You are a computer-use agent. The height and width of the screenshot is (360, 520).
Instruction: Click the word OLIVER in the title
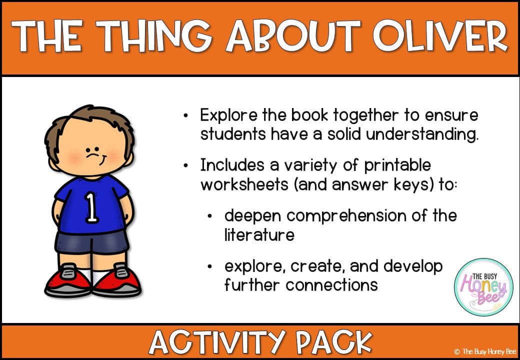(x=439, y=35)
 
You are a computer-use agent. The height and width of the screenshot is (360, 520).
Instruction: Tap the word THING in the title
(x=153, y=35)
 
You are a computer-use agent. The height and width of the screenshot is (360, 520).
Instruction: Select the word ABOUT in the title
(x=293, y=35)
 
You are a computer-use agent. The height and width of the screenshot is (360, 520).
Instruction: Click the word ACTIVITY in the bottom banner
(x=217, y=342)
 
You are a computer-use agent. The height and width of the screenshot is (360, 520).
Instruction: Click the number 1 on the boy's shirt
(x=92, y=207)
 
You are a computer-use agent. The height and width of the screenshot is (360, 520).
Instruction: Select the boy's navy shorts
(x=91, y=241)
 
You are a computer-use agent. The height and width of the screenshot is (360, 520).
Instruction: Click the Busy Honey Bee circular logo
(x=484, y=286)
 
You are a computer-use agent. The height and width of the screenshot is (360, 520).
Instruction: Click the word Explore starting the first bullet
(x=228, y=115)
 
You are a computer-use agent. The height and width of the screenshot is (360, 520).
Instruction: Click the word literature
(x=259, y=235)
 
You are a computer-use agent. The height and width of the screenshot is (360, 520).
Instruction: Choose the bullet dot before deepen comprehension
(x=209, y=216)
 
